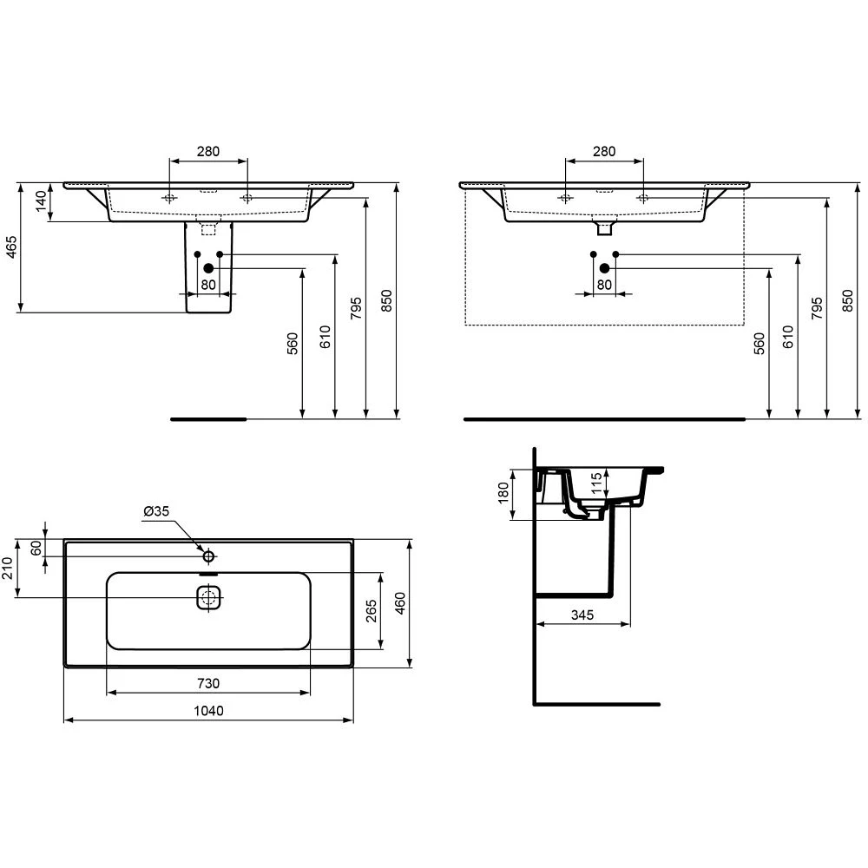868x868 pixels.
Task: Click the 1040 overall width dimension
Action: [208, 711]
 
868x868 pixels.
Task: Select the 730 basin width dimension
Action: [208, 684]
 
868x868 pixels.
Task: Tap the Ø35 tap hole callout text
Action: [156, 511]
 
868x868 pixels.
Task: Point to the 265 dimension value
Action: [371, 610]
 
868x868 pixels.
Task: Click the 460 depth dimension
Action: [399, 603]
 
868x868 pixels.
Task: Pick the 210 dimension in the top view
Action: [8, 568]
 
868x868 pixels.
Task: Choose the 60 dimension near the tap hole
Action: [36, 549]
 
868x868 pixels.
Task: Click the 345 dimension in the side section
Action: [582, 615]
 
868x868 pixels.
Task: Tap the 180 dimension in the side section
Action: [503, 493]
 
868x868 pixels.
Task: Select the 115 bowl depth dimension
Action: [596, 483]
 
